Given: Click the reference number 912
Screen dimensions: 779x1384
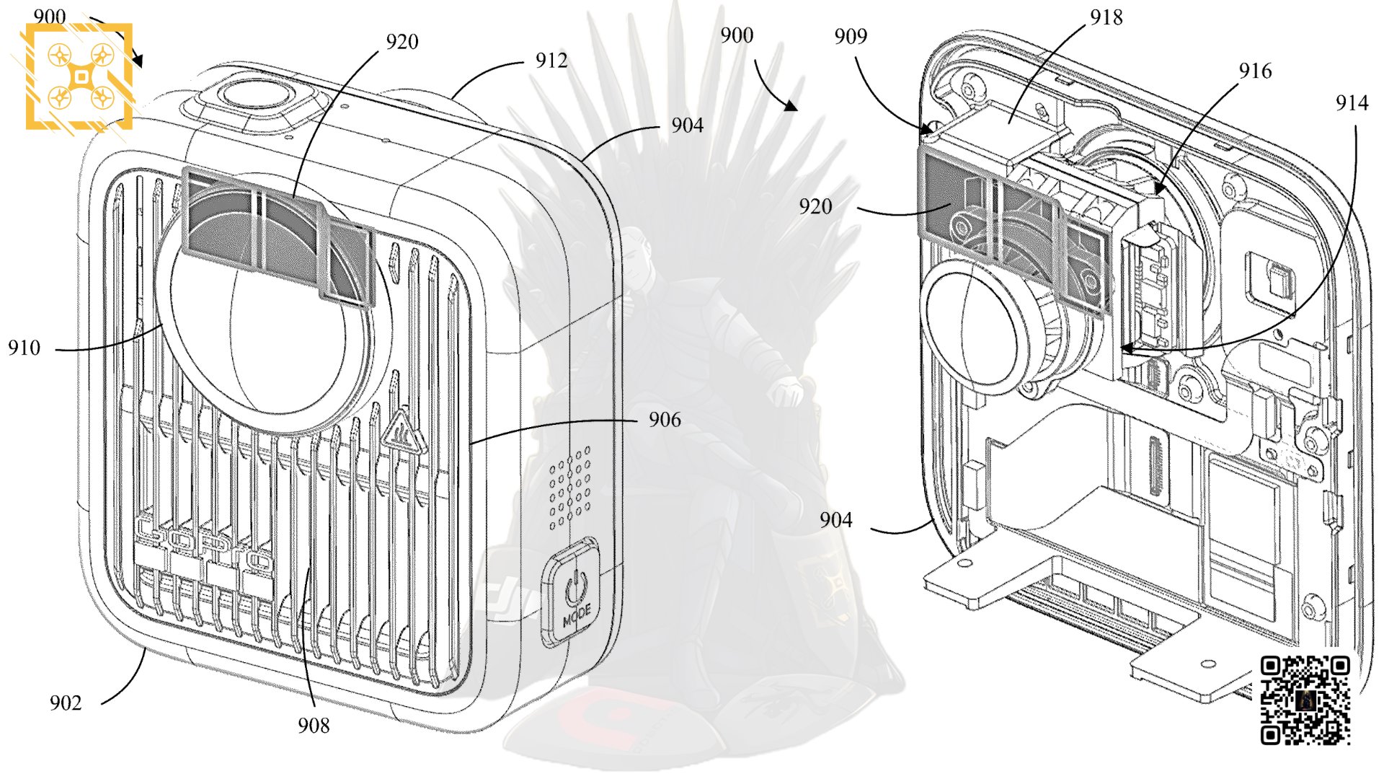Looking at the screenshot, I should coord(551,61).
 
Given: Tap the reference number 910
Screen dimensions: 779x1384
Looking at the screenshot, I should coord(24,348).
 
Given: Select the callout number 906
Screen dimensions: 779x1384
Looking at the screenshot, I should coord(664,420).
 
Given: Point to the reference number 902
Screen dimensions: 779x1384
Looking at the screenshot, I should coord(66,703).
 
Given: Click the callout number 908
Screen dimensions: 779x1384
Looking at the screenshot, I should coord(314,726).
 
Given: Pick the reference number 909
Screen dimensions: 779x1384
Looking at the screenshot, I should coord(851,37).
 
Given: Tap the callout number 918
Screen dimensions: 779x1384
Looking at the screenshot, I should coord(1106,18).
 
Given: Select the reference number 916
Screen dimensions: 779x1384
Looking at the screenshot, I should coord(1255,71).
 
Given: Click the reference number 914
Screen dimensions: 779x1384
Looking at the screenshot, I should coord(1352,104).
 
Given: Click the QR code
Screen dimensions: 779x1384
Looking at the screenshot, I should coord(1305,700).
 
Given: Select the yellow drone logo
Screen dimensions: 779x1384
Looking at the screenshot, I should coord(80,76).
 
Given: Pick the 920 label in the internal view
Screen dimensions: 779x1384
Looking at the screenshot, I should coord(815,207).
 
